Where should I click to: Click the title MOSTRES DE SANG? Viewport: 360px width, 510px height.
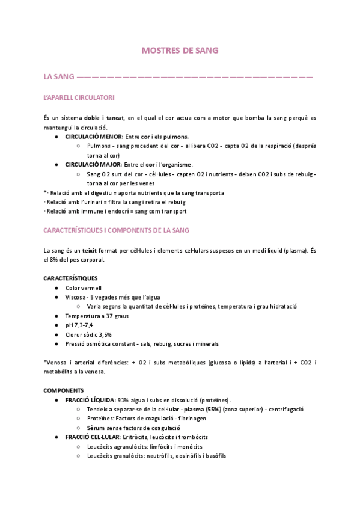[180, 51]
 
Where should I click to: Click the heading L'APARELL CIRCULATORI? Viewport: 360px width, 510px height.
[79, 97]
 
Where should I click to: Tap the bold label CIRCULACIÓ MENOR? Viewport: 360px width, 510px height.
[90, 137]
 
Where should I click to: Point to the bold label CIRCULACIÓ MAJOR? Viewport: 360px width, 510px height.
[90, 164]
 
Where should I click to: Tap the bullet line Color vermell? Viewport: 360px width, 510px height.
[84, 288]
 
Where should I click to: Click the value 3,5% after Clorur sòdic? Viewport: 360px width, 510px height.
[105, 334]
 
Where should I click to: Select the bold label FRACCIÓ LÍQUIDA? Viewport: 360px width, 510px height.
[90, 400]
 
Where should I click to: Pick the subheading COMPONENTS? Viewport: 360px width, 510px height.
[63, 390]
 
